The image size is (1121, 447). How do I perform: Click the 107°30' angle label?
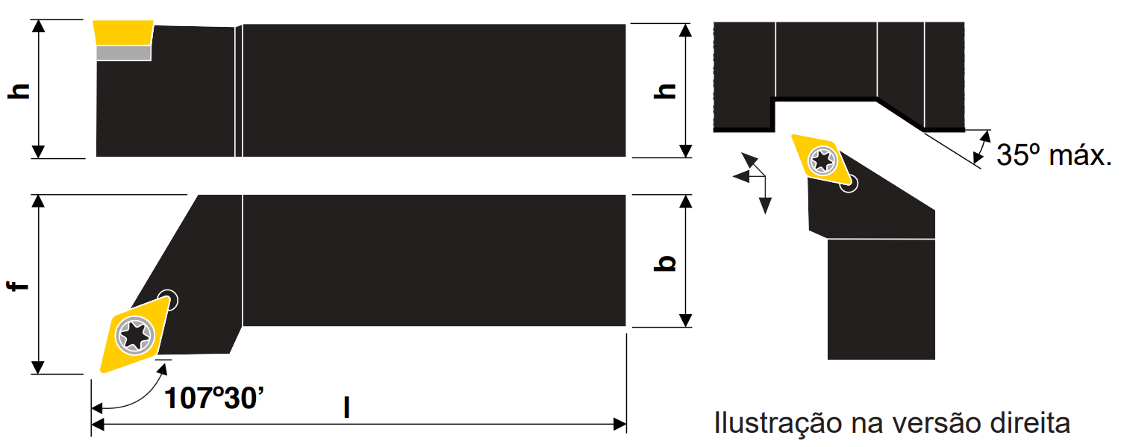click(213, 398)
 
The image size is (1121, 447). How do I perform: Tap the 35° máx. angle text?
click(1053, 155)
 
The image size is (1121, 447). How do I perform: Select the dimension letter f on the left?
click(18, 285)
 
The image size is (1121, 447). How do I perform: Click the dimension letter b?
click(665, 263)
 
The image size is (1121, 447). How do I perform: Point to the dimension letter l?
click(347, 407)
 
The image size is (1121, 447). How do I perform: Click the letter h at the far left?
click(19, 91)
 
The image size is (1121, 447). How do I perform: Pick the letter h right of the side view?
click(665, 91)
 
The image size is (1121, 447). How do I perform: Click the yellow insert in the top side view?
click(123, 33)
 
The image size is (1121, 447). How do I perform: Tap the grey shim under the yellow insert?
click(124, 53)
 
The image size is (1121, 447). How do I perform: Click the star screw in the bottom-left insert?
click(134, 335)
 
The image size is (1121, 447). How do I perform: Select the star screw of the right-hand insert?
click(822, 160)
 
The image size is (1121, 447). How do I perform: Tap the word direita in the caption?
click(1030, 423)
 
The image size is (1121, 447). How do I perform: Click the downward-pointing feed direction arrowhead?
click(765, 206)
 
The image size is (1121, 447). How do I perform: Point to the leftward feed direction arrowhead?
click(741, 176)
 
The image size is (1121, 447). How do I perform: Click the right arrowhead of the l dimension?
click(620, 425)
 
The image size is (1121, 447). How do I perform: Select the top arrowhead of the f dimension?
click(38, 201)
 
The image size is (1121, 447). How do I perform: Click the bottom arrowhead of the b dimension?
click(686, 320)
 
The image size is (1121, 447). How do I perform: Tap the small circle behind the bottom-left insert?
click(168, 300)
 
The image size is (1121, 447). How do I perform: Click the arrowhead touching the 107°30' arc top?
click(162, 370)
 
